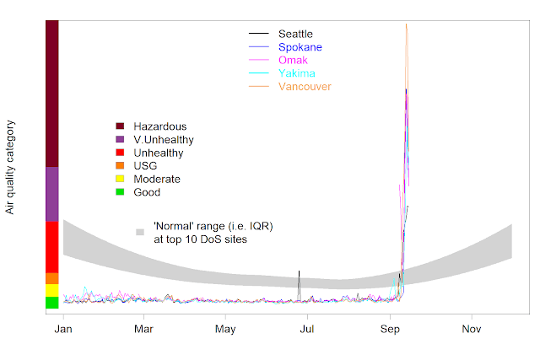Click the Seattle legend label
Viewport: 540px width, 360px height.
click(295, 33)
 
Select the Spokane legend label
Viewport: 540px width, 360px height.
click(300, 46)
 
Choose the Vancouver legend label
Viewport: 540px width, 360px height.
click(305, 87)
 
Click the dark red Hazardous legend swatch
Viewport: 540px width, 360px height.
click(120, 126)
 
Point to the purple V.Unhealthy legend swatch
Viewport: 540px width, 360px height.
click(120, 139)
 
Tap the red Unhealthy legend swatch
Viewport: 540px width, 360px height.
click(120, 153)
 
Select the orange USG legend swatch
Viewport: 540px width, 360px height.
click(120, 165)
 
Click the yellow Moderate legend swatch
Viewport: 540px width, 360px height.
click(120, 179)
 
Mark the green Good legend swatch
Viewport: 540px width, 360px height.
click(120, 192)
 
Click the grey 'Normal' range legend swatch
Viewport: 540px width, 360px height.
click(139, 231)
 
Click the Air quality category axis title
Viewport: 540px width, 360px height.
click(11, 166)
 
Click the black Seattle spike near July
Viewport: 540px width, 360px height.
click(299, 282)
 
